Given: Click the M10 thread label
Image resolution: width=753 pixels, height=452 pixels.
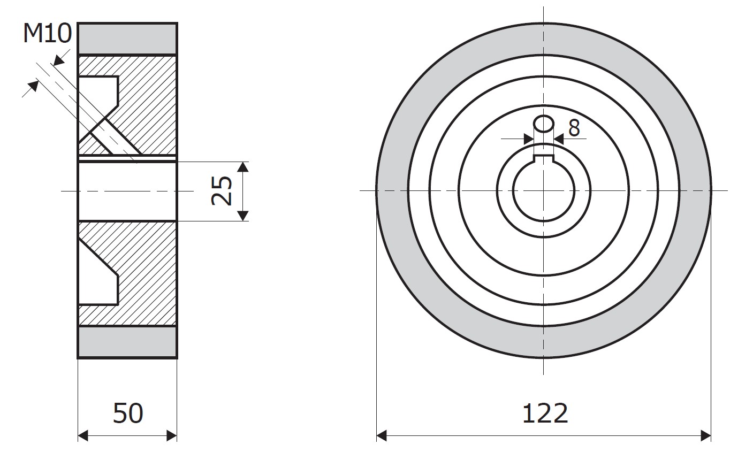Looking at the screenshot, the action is coord(48,34).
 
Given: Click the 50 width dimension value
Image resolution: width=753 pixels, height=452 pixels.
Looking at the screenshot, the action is coord(128,413).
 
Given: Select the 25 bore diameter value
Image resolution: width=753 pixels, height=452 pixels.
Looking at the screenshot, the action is coord(222,190).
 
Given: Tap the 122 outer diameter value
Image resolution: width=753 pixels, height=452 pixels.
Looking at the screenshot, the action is coord(545,413).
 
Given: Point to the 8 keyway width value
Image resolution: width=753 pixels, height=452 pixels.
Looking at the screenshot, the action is coord(574,128).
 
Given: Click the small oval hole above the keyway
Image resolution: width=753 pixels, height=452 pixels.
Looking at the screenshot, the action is coord(544,124).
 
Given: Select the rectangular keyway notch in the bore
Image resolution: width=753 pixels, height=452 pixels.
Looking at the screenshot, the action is coord(544,159).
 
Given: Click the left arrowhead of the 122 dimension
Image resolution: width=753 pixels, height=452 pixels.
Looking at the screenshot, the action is coord(382,436).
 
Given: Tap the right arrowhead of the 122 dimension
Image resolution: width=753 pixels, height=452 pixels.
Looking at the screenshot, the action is coord(705,436).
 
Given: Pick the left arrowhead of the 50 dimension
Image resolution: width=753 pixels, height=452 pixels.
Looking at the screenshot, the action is coord(83,436).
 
